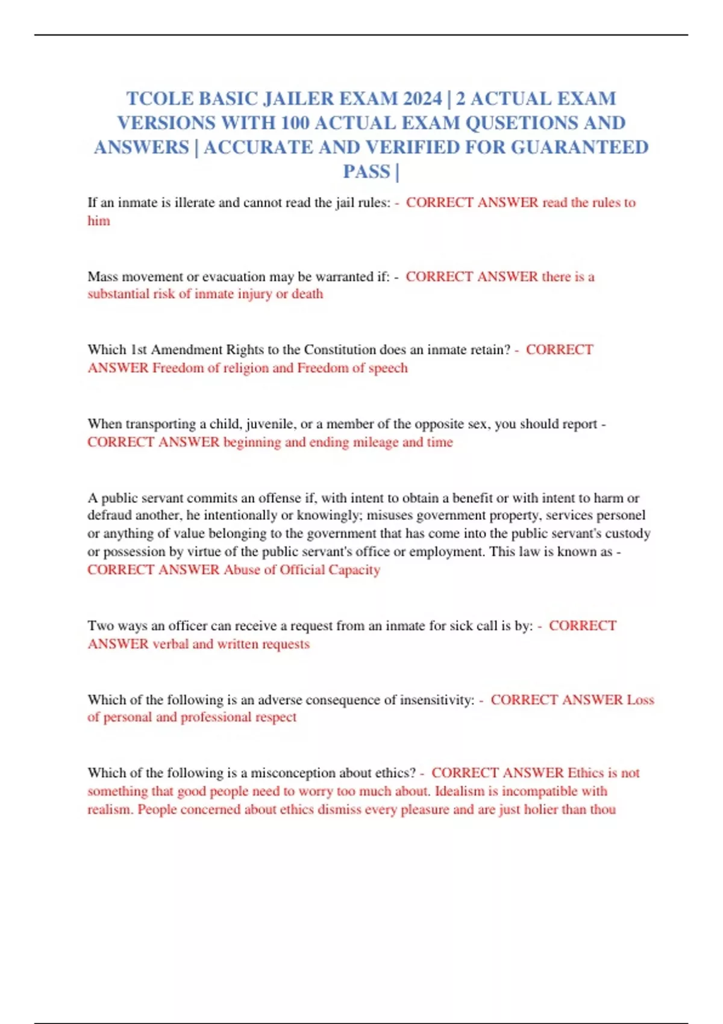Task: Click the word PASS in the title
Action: click(x=366, y=172)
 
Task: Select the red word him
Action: click(x=99, y=220)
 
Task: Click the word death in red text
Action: click(x=307, y=294)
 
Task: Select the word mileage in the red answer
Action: click(x=375, y=442)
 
